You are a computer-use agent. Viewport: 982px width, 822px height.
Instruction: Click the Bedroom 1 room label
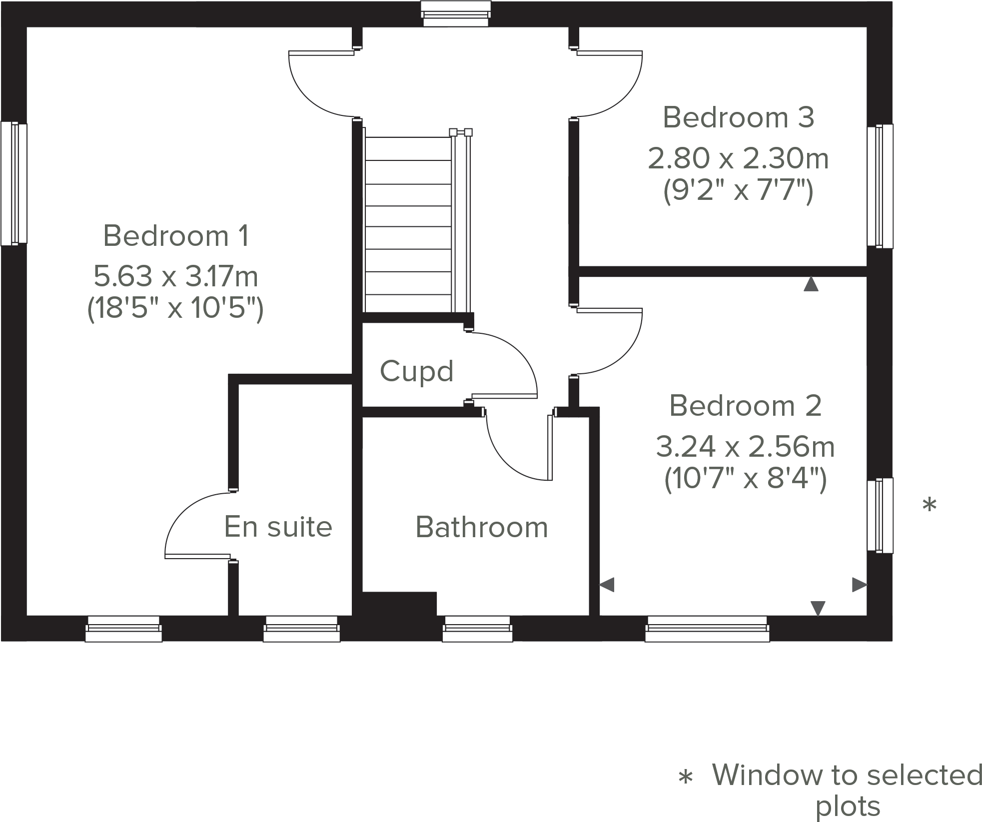[176, 236]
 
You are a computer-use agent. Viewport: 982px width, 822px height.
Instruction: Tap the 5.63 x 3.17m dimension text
[176, 276]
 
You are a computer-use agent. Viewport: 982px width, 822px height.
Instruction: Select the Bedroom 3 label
[738, 117]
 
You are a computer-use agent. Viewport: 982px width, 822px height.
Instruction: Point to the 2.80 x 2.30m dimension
[738, 158]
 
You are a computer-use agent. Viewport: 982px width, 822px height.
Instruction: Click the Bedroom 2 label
[745, 405]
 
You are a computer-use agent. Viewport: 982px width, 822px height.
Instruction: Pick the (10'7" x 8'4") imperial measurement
[745, 479]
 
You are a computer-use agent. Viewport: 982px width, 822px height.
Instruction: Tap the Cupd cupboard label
[416, 371]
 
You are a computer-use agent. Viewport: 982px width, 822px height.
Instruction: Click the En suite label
[278, 527]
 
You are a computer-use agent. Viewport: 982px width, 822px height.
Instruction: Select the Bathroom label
[481, 527]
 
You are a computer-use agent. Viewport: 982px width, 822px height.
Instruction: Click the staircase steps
[408, 225]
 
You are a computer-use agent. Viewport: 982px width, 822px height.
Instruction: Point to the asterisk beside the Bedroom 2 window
[929, 505]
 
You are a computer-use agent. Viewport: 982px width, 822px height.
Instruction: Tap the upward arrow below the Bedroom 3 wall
[811, 284]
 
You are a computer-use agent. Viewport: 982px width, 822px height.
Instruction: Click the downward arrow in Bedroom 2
[818, 608]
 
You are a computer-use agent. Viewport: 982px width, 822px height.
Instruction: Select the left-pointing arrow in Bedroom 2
[607, 584]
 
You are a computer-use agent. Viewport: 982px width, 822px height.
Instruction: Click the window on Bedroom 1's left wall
[13, 183]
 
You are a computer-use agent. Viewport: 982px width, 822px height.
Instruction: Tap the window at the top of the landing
[455, 13]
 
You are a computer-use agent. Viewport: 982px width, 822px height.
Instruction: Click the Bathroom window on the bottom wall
[477, 629]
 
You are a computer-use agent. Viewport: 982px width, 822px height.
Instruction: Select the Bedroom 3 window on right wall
[880, 186]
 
